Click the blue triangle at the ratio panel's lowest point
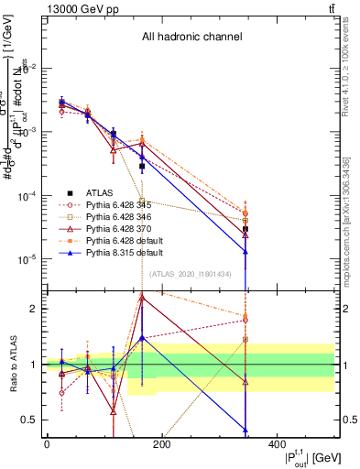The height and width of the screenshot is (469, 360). tap(245, 430)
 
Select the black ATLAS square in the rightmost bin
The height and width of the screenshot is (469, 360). tap(245, 229)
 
